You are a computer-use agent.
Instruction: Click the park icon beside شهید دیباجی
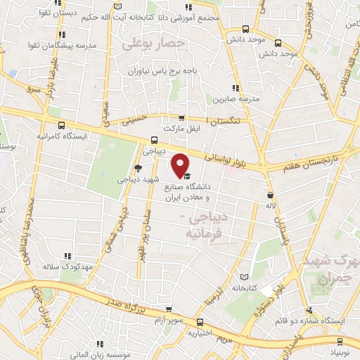(x=138, y=167)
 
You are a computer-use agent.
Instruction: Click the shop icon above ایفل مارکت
(x=182, y=118)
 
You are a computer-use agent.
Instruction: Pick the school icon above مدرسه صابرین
(x=236, y=88)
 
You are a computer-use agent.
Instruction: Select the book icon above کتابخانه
(x=244, y=277)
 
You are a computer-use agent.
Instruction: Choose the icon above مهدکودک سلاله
(x=68, y=256)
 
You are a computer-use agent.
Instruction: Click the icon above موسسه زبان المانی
(x=100, y=343)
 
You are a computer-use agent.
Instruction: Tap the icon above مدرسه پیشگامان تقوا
(x=63, y=34)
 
